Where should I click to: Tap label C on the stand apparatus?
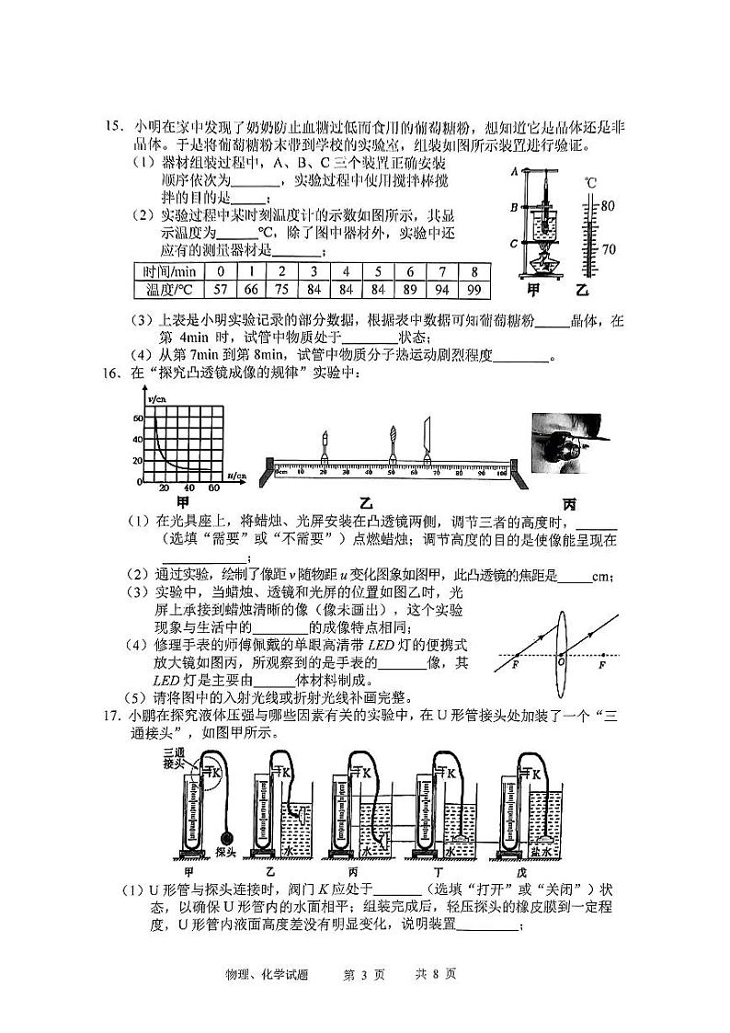point(514,244)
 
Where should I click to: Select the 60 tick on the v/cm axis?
point(139,419)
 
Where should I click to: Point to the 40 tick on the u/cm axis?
point(188,488)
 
